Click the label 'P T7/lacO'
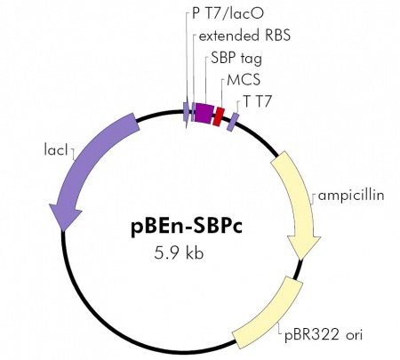click(x=228, y=13)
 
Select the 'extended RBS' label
click(x=244, y=36)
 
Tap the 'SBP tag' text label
click(x=236, y=59)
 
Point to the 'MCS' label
click(x=244, y=80)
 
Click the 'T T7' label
click(x=257, y=101)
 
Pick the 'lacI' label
click(x=56, y=149)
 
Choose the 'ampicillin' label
click(x=351, y=196)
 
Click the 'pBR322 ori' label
click(x=324, y=335)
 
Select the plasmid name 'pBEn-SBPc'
click(x=187, y=227)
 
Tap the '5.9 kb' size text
click(x=179, y=253)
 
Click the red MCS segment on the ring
click(x=219, y=116)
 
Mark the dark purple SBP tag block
click(x=203, y=113)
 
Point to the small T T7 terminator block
click(x=233, y=122)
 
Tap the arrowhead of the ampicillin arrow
click(x=304, y=247)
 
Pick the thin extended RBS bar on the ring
click(x=193, y=112)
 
